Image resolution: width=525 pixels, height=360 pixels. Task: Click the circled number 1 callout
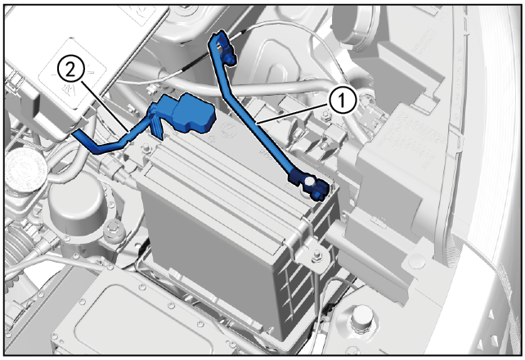click(x=342, y=101)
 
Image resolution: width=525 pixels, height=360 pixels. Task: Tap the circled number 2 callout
click(x=70, y=70)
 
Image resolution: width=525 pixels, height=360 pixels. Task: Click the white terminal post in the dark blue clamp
click(x=309, y=181)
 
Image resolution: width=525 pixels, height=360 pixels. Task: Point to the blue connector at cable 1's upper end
click(x=222, y=46)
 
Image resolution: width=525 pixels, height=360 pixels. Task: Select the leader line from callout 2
click(x=104, y=106)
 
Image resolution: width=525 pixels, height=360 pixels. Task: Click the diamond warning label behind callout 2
click(x=72, y=74)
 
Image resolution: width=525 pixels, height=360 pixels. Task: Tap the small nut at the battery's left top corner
click(x=146, y=148)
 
